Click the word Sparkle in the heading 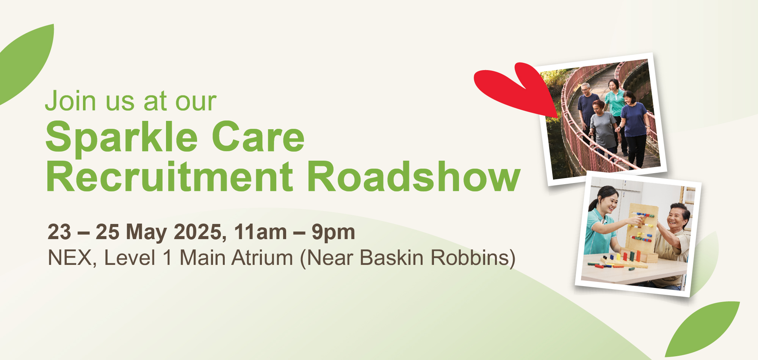(x=122, y=137)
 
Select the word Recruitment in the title (x=169, y=177)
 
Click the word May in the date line (x=146, y=232)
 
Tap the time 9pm (x=333, y=232)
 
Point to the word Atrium (x=262, y=258)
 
